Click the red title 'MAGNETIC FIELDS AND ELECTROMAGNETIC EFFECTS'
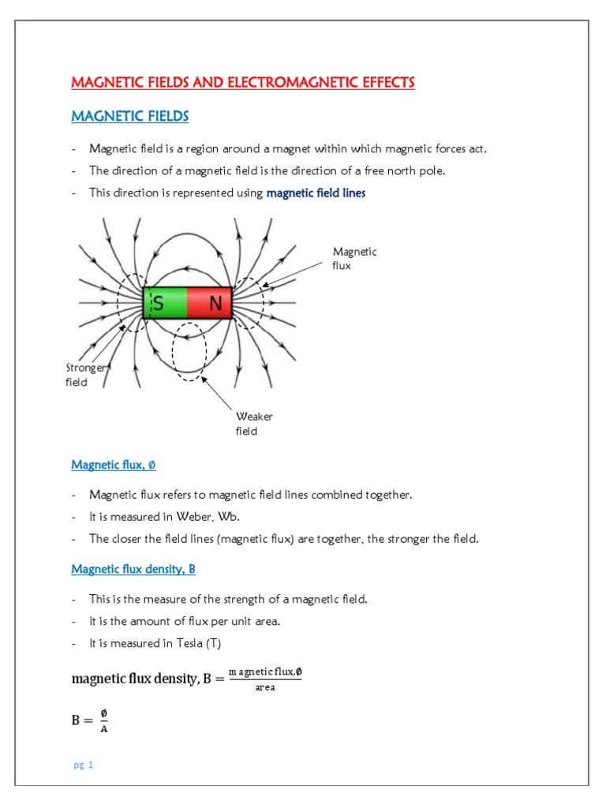click(x=243, y=83)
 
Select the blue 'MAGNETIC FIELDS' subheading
click(x=130, y=117)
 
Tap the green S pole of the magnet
click(x=165, y=303)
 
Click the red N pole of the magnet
click(x=210, y=303)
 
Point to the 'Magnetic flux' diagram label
click(x=354, y=259)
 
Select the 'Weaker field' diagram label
click(x=254, y=424)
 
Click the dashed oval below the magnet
click(x=189, y=352)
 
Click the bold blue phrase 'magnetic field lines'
click(x=316, y=193)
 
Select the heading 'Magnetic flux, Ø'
click(x=114, y=465)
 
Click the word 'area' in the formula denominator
click(x=265, y=687)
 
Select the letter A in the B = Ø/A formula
click(x=105, y=729)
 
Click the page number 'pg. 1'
click(x=82, y=765)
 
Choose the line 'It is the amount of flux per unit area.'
click(x=185, y=622)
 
